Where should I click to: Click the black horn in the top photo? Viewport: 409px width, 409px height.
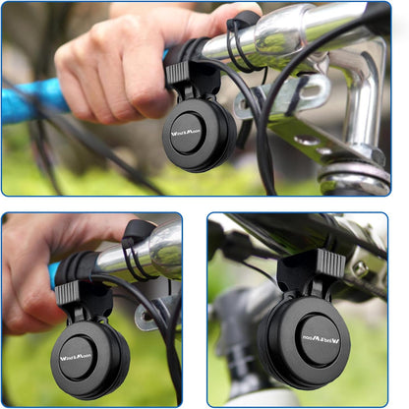[201, 135]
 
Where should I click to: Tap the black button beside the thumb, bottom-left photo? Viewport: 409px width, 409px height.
[138, 232]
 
